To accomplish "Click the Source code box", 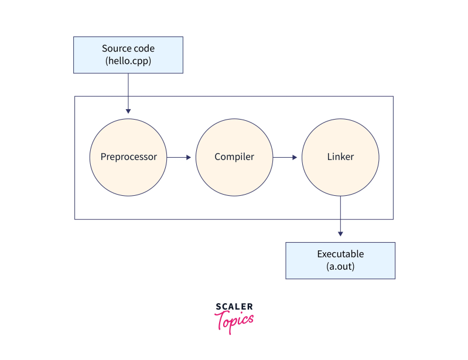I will (128, 55).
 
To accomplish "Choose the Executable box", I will (340, 260).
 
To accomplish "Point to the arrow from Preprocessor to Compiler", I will (179, 157).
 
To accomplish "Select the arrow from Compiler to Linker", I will (285, 157).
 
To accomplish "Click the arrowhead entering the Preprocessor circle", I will (128, 110).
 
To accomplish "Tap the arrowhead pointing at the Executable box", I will (340, 234).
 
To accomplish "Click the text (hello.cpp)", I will (128, 60).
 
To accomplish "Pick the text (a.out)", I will (340, 266).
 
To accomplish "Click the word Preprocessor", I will (128, 157).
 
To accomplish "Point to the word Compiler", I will (234, 157).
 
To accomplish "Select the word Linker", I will (340, 157).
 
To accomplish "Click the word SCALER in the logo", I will (234, 307).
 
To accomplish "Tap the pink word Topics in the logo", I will (234, 321).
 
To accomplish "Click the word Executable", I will (340, 254).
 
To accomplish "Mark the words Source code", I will (128, 49).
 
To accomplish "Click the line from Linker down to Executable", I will (340, 214).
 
